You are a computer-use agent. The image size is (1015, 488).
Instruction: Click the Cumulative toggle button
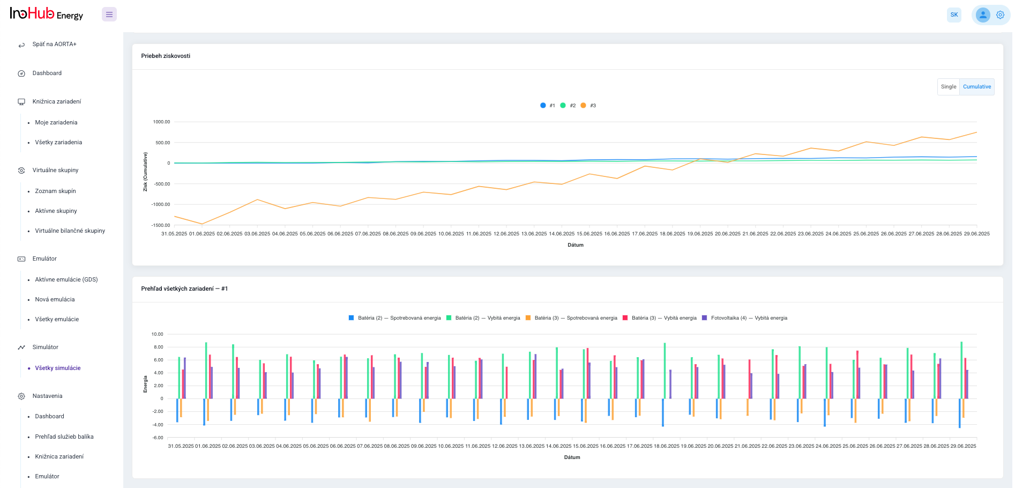pos(976,87)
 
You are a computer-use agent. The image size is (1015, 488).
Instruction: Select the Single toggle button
pos(948,87)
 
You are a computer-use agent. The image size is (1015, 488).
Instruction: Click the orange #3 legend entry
pos(588,106)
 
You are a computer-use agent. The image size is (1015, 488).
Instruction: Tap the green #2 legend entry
pos(568,106)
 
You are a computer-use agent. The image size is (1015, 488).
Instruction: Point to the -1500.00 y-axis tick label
pos(161,225)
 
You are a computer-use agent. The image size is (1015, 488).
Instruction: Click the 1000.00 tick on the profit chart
pos(161,122)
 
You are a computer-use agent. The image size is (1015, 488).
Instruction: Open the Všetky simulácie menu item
pos(58,368)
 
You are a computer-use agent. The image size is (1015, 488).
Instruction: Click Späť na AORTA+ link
pos(54,45)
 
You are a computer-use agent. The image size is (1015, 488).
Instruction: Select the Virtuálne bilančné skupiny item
pos(70,231)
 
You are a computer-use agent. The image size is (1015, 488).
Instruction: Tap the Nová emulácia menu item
pos(55,299)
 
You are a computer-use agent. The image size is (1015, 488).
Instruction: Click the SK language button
pos(954,15)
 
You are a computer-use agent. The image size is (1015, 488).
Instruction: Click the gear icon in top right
pos(1000,15)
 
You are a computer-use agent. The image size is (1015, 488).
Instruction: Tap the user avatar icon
pos(983,15)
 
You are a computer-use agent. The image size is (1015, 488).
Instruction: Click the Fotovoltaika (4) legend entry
pos(745,318)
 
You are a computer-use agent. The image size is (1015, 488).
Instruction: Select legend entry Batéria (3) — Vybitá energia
pos(660,318)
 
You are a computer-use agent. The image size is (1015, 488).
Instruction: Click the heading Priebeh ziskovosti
pos(166,56)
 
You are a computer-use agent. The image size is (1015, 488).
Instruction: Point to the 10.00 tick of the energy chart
pos(157,334)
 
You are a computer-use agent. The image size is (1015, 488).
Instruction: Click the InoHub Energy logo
pos(47,14)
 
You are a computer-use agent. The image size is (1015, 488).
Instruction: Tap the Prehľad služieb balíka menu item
pos(64,437)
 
